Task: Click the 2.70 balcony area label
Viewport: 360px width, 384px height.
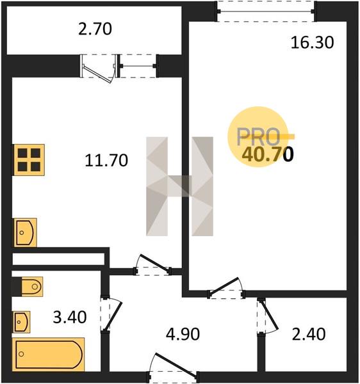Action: click(95, 29)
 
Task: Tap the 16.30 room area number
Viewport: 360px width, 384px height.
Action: click(312, 42)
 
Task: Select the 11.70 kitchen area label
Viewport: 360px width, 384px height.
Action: click(106, 161)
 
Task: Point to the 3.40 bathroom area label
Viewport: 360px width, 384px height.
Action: click(70, 317)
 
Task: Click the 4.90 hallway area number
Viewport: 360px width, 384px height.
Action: click(183, 334)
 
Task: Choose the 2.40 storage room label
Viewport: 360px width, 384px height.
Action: click(309, 334)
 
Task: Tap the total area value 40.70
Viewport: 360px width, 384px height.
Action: click(268, 154)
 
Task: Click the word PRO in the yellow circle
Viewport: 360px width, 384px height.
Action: click(259, 137)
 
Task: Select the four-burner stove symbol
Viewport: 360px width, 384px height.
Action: click(29, 160)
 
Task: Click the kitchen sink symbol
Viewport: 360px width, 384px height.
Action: click(25, 232)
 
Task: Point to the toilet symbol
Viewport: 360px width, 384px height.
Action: click(31, 286)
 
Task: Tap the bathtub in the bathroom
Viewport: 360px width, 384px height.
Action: click(49, 354)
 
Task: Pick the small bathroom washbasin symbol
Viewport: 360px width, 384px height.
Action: click(22, 322)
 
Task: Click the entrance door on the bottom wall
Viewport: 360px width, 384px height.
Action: click(173, 367)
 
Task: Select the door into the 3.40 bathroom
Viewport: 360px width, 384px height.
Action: click(111, 314)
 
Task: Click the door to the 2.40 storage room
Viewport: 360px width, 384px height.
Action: click(267, 316)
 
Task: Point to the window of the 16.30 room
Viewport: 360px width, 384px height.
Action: click(266, 12)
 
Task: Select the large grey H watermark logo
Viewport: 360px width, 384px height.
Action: click(179, 186)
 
